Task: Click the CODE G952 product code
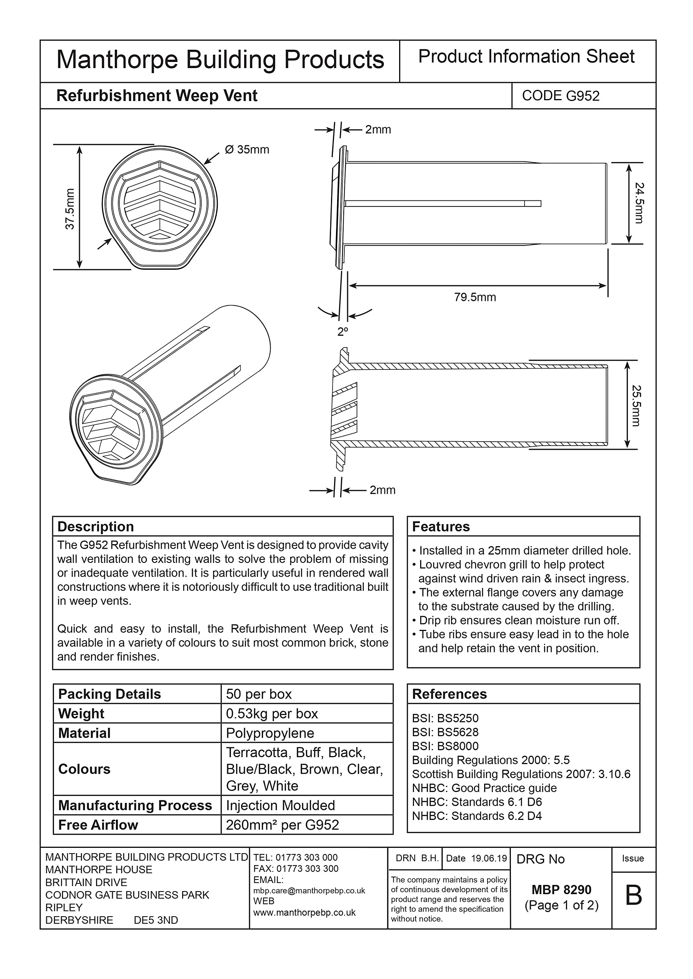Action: coord(560,96)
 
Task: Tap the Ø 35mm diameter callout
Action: coord(247,150)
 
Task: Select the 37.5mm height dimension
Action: coord(70,209)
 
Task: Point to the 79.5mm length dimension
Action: coord(475,297)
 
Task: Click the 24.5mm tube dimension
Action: coord(638,203)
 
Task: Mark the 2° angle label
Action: coord(342,332)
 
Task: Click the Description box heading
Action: coord(96,527)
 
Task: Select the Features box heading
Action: coord(441,527)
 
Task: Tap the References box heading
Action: coord(449,694)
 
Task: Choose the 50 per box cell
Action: coord(259,694)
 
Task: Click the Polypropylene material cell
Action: coord(270,733)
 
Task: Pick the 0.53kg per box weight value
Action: coord(272,713)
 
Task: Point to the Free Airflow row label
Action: coord(98,825)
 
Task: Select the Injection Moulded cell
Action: coord(280,805)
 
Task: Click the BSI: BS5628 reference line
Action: coord(445,732)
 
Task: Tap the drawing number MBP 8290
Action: coord(561,890)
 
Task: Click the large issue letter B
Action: coord(633,895)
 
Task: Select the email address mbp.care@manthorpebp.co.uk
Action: coord(309,890)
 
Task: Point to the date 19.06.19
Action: coord(489,858)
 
